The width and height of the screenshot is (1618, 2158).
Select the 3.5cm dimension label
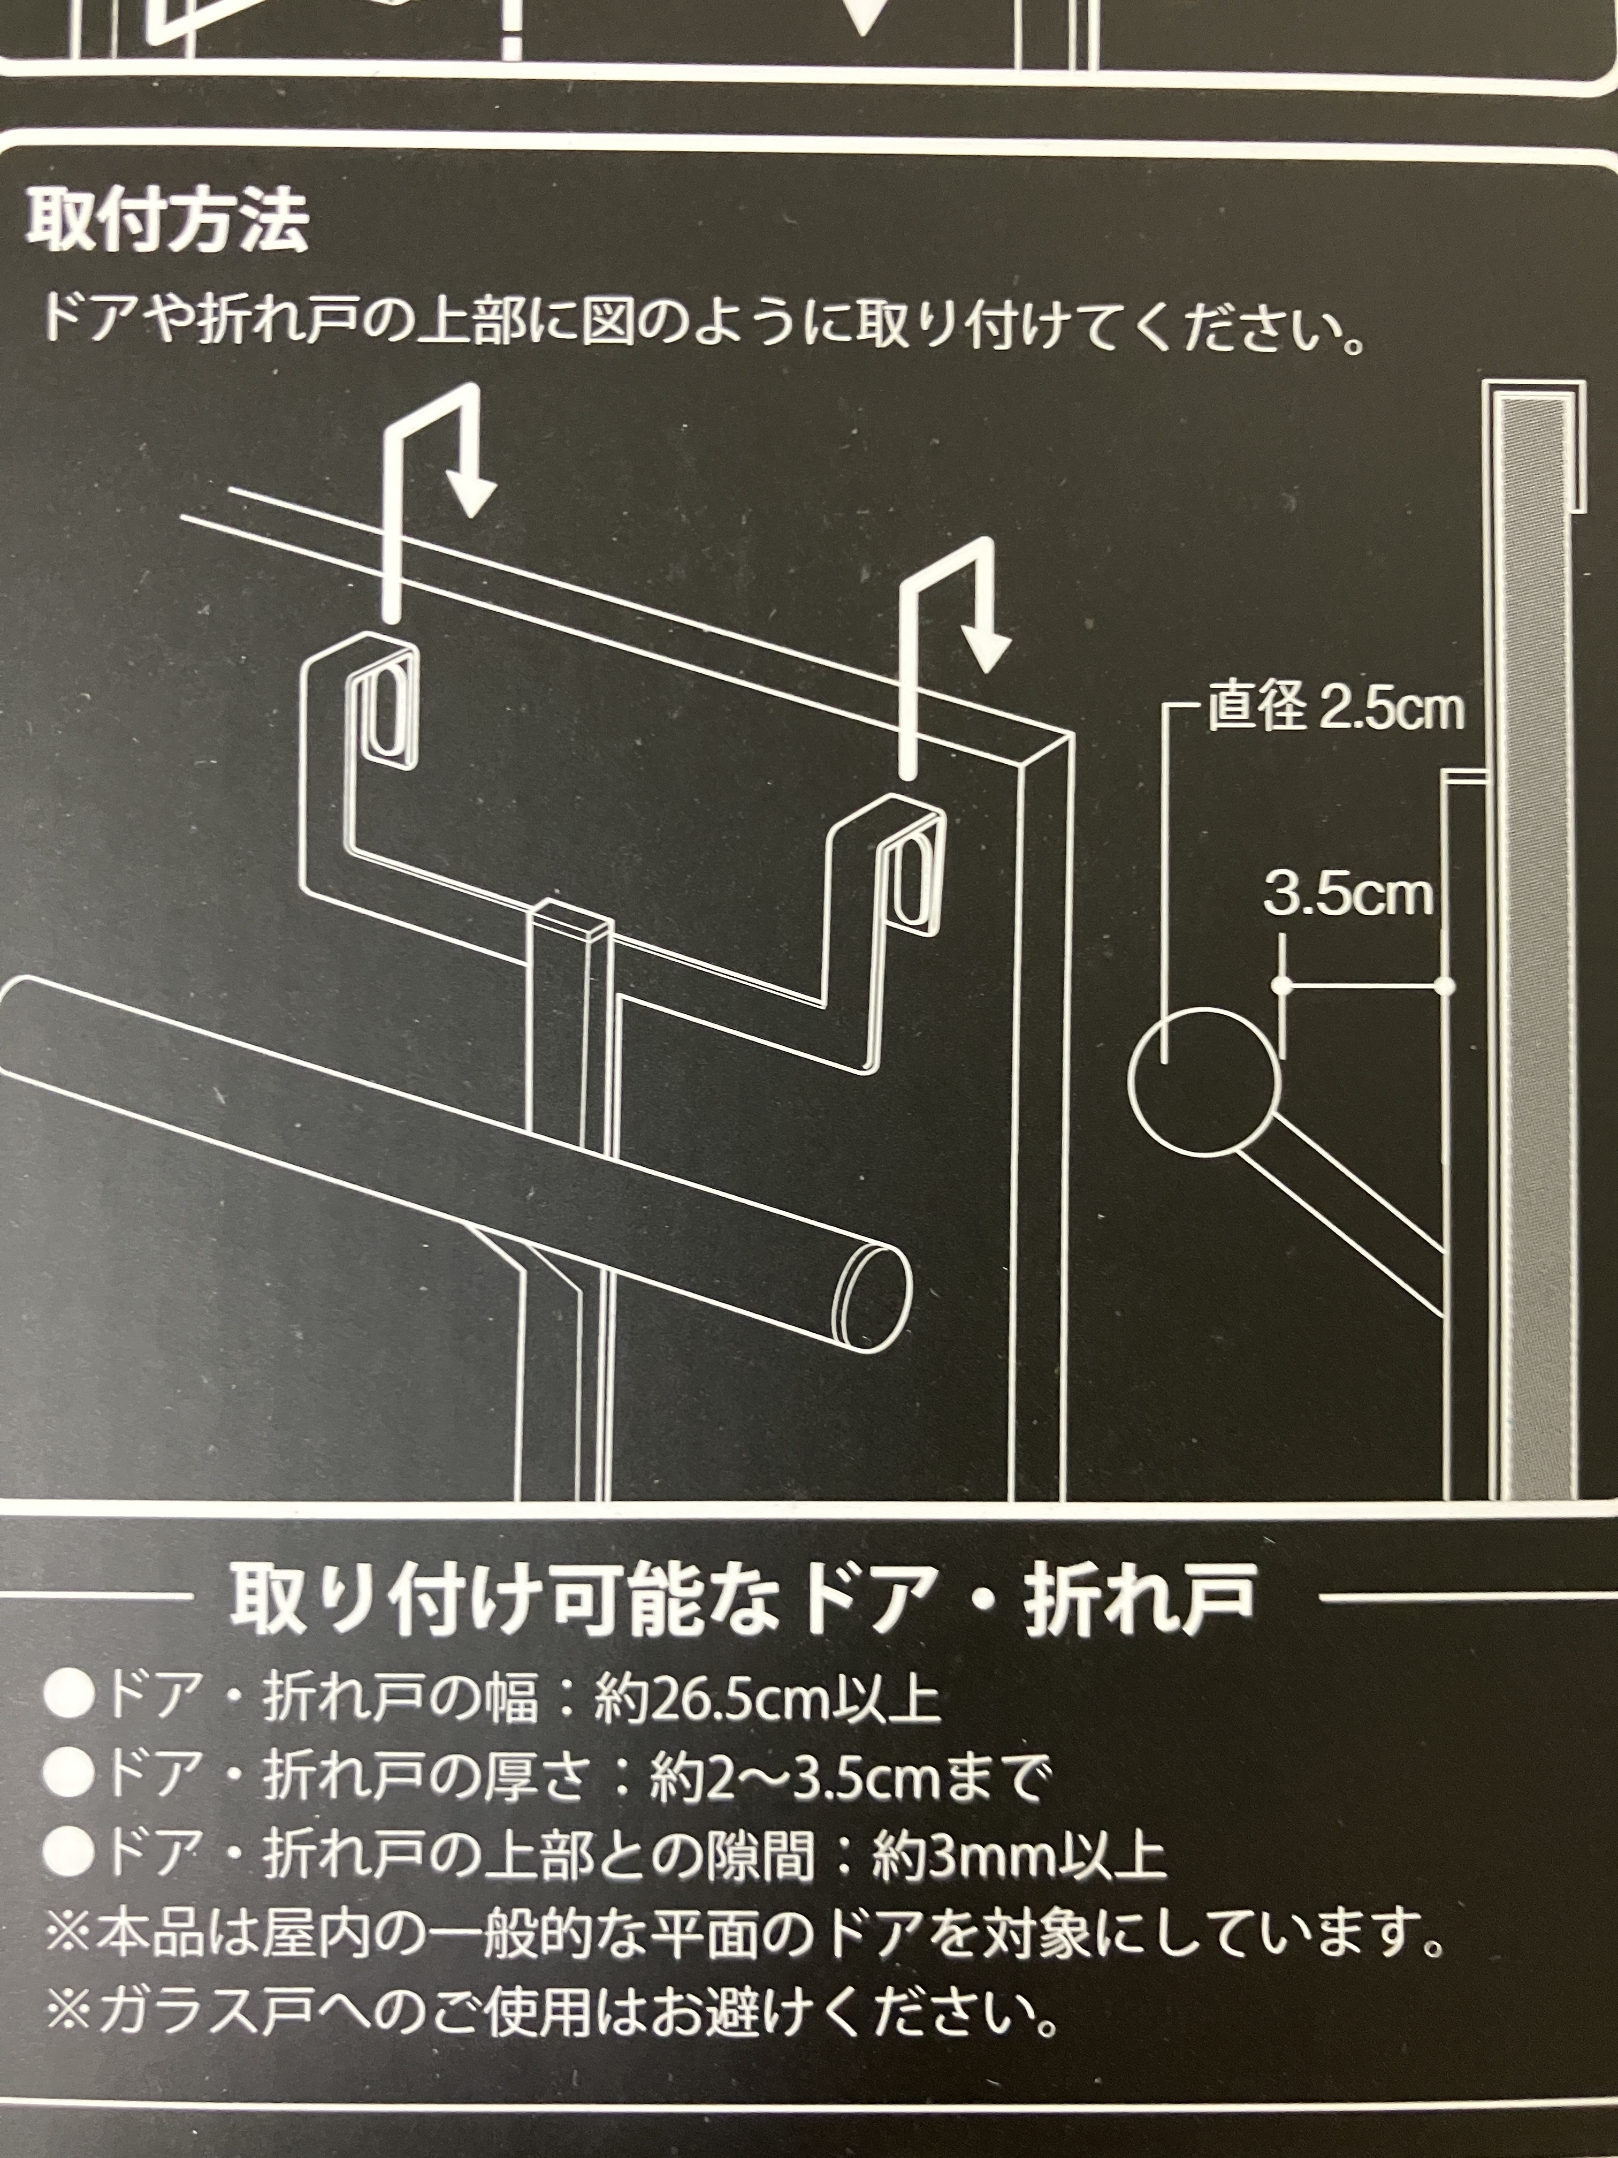point(1349,895)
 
